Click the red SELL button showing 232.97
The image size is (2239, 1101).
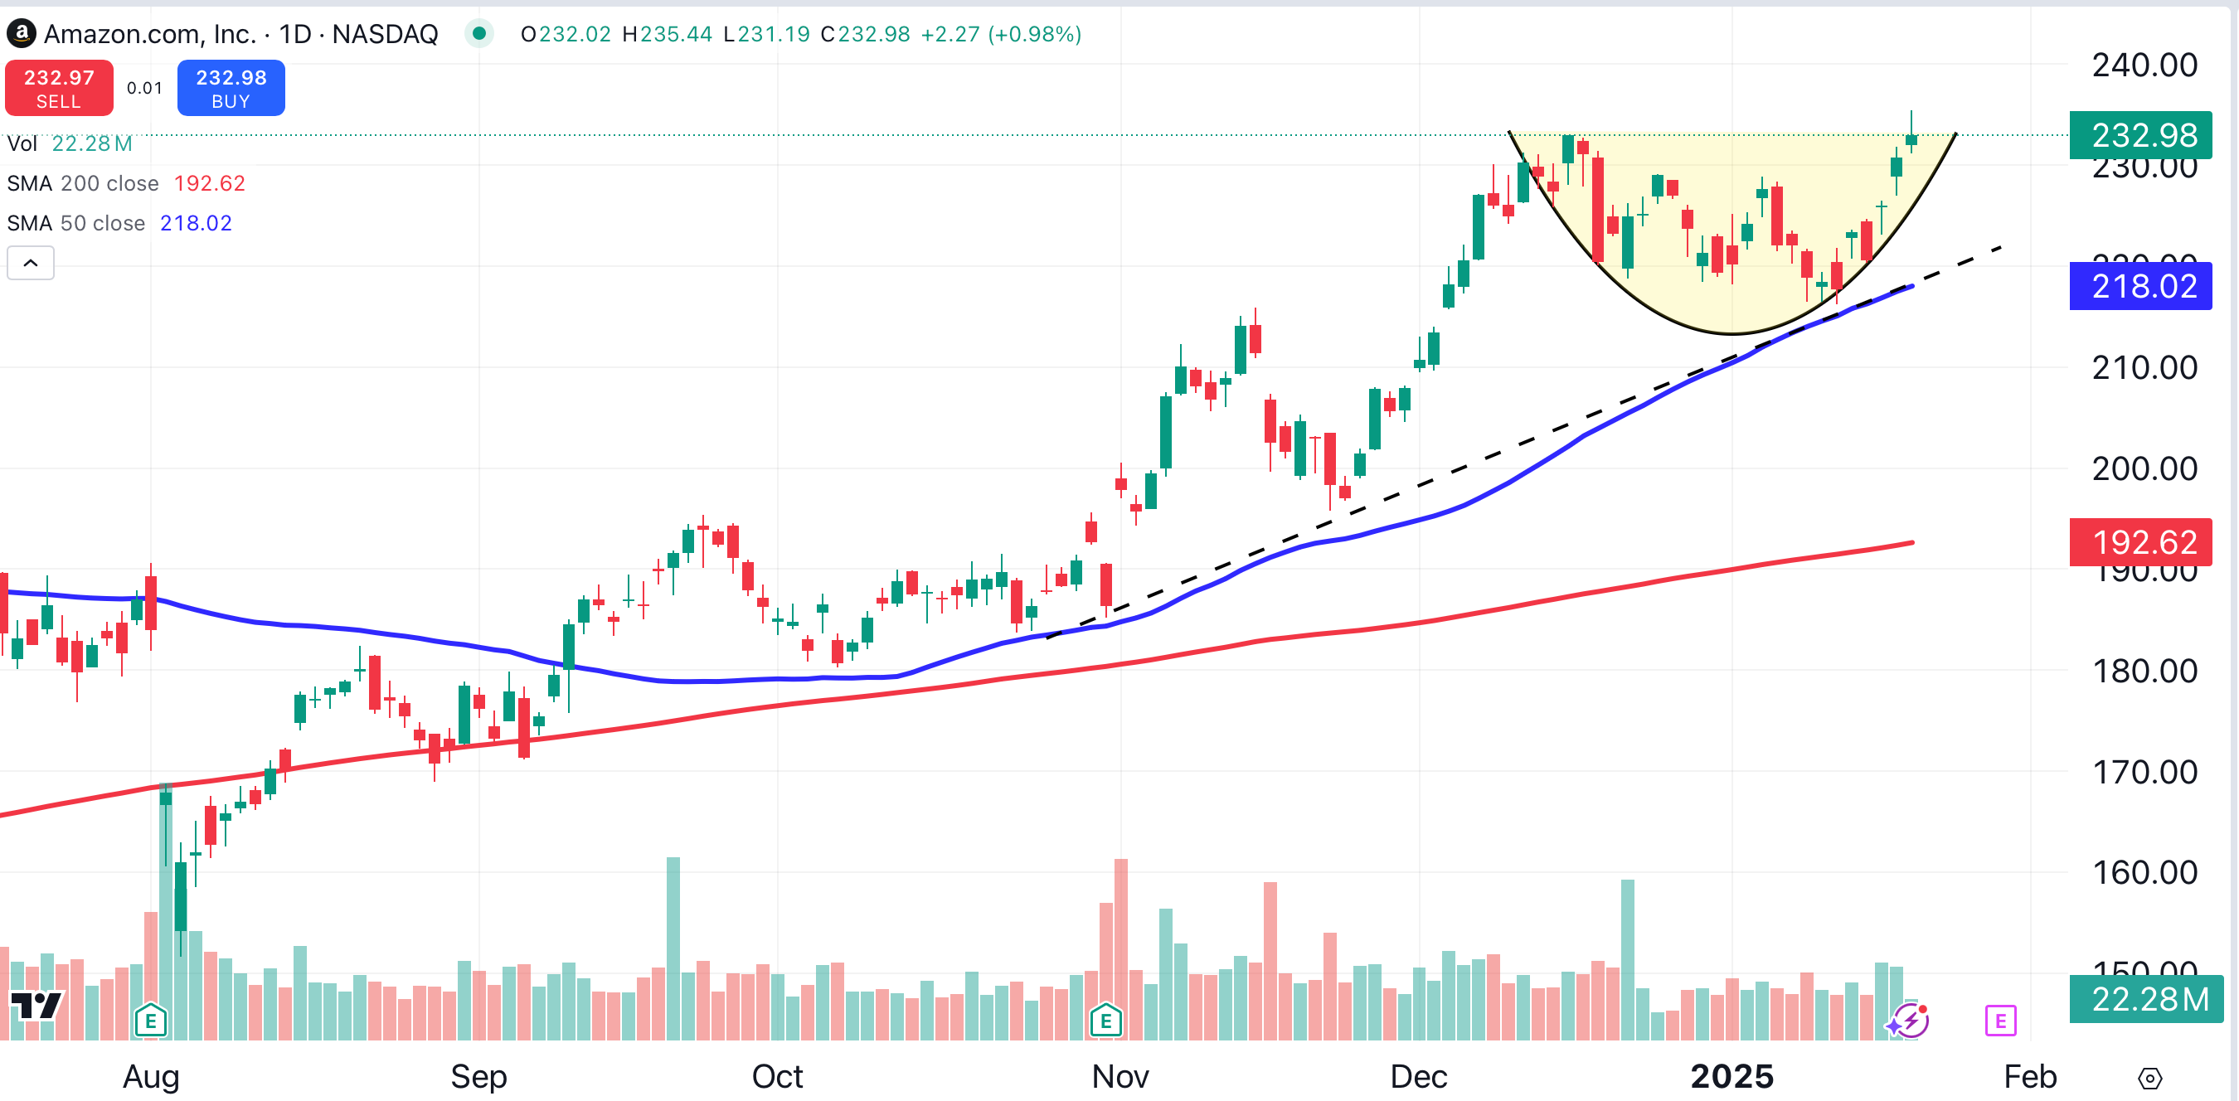pyautogui.click(x=59, y=88)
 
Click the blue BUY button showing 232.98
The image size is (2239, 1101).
pyautogui.click(x=231, y=88)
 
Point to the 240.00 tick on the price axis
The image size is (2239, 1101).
pyautogui.click(x=2144, y=65)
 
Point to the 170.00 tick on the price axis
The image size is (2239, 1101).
pyautogui.click(x=2144, y=772)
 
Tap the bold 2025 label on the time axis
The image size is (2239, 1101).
pyautogui.click(x=1731, y=1076)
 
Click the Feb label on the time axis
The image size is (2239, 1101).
pyautogui.click(x=2029, y=1076)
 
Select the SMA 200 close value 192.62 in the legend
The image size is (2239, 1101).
pyautogui.click(x=210, y=183)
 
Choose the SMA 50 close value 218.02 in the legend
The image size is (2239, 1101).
pyautogui.click(x=196, y=223)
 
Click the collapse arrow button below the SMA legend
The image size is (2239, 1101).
pyautogui.click(x=31, y=263)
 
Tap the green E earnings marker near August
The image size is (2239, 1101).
pyautogui.click(x=150, y=1021)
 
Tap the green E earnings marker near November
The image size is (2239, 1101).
pyautogui.click(x=1105, y=1021)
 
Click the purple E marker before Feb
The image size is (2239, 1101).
pyautogui.click(x=2000, y=1021)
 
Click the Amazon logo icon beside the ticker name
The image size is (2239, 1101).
pyautogui.click(x=21, y=34)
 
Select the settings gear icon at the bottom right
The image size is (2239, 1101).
pyautogui.click(x=2149, y=1079)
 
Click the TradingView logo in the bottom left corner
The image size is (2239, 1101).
pyautogui.click(x=36, y=1006)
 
